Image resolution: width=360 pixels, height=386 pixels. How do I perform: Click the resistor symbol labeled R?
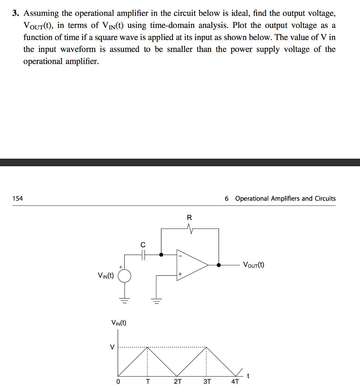pyautogui.click(x=190, y=229)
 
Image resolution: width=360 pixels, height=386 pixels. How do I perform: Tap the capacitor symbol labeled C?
pyautogui.click(x=143, y=255)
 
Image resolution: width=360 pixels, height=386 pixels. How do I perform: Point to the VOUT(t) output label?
pyautogui.click(x=253, y=265)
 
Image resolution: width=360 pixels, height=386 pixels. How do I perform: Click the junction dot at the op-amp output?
pyautogui.click(x=219, y=265)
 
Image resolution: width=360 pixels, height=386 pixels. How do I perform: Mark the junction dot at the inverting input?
pyautogui.click(x=161, y=255)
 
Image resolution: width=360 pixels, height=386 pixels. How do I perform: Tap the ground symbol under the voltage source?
pyautogui.click(x=125, y=301)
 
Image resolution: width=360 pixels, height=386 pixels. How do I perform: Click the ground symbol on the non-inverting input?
pyautogui.click(x=156, y=301)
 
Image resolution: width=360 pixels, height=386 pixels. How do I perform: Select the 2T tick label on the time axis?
pyautogui.click(x=177, y=381)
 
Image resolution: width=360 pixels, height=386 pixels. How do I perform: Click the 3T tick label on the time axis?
pyautogui.click(x=207, y=381)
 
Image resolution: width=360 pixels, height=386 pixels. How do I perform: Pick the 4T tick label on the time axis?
pyautogui.click(x=235, y=381)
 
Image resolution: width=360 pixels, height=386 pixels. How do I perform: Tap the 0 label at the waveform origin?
pyautogui.click(x=118, y=381)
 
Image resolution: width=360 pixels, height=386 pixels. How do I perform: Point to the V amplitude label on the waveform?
pyautogui.click(x=111, y=347)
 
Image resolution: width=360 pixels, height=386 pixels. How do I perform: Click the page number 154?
pyautogui.click(x=17, y=198)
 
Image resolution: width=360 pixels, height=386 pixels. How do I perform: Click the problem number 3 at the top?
pyautogui.click(x=15, y=14)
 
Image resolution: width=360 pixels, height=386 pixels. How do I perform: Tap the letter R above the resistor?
pyautogui.click(x=189, y=218)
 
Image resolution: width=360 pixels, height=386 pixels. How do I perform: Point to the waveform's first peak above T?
pyautogui.click(x=147, y=347)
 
